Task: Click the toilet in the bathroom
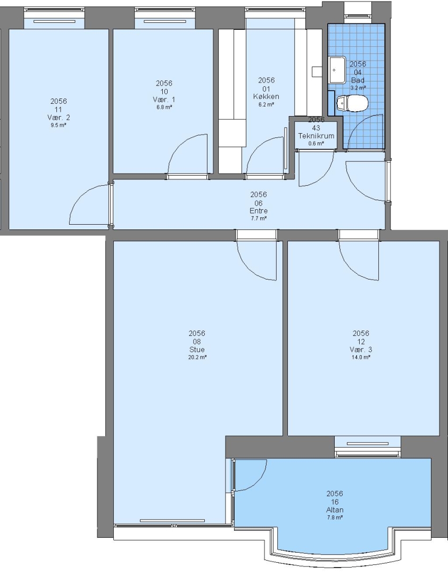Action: pos(352,103)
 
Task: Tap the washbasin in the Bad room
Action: pos(337,70)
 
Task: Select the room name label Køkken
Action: pos(266,96)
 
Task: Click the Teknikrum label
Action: pos(316,136)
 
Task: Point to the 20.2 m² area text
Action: pos(197,357)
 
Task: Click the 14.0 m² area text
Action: pos(361,357)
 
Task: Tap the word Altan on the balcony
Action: pos(335,510)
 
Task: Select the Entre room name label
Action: pos(259,211)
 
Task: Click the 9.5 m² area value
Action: pos(59,125)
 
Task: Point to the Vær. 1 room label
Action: pos(164,100)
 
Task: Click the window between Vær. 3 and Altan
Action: pos(367,447)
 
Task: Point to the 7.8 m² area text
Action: pos(335,518)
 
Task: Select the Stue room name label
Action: pos(197,349)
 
